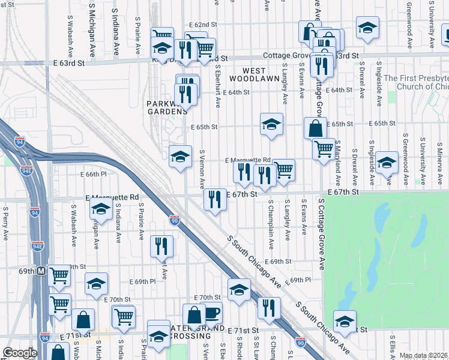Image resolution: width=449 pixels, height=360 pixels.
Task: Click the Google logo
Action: (20, 353)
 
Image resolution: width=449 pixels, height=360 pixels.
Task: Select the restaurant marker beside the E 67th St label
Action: (215, 200)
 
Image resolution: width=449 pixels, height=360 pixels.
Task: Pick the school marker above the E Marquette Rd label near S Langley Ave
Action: (271, 124)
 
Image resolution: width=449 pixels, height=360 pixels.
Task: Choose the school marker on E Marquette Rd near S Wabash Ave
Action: (101, 209)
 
